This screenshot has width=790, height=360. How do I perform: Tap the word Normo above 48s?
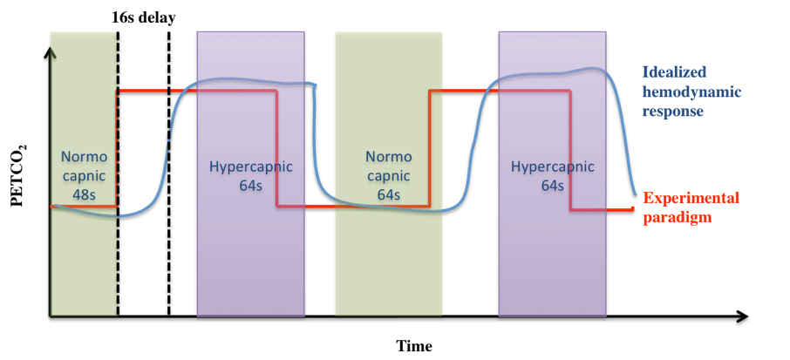pyautogui.click(x=85, y=158)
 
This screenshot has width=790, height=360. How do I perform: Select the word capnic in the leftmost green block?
pyautogui.click(x=85, y=176)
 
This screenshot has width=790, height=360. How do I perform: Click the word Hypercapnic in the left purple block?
pyautogui.click(x=251, y=167)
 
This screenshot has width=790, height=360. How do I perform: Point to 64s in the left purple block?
pyautogui.click(x=251, y=186)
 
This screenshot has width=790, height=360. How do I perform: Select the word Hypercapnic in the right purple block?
pyautogui.click(x=552, y=167)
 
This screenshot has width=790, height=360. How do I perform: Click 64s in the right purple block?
pyautogui.click(x=552, y=186)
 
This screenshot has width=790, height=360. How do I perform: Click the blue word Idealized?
pyautogui.click(x=674, y=71)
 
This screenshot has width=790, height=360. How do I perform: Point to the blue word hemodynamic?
pyautogui.click(x=692, y=92)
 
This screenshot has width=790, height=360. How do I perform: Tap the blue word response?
pyautogui.click(x=671, y=112)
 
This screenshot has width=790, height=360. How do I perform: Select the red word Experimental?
pyautogui.click(x=691, y=198)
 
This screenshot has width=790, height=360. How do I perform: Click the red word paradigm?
pyautogui.click(x=677, y=218)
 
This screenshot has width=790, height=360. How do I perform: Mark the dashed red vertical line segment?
pyautogui.click(x=117, y=148)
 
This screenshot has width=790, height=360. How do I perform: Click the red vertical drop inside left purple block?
pyautogui.click(x=277, y=148)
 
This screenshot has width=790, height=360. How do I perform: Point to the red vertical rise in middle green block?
pyautogui.click(x=430, y=148)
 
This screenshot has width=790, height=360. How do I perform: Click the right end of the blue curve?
pyautogui.click(x=635, y=194)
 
